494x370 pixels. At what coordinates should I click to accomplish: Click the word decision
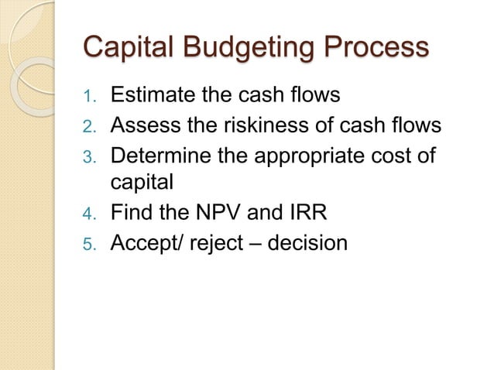(309, 243)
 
